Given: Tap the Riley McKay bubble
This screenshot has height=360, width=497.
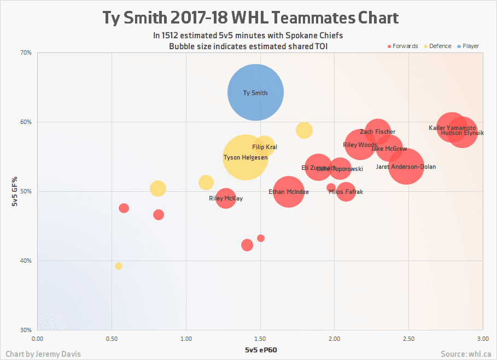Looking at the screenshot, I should pos(226,198).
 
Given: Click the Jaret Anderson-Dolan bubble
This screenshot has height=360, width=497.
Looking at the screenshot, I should pos(406,167).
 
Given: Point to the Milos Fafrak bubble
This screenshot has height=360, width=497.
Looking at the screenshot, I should pos(346,192).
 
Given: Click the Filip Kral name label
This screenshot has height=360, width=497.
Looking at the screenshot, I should pos(264,147).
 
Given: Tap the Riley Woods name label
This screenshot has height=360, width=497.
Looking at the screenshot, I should pos(360,145).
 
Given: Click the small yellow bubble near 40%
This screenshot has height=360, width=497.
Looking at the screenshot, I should pos(119,266).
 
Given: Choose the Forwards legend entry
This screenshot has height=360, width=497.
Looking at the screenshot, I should pos(403,46).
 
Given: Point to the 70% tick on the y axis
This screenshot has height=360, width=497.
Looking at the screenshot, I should pos(26,53).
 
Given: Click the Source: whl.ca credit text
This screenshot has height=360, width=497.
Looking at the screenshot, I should pos(465,354).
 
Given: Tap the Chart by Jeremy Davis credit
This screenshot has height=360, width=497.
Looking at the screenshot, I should pos(43,354).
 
